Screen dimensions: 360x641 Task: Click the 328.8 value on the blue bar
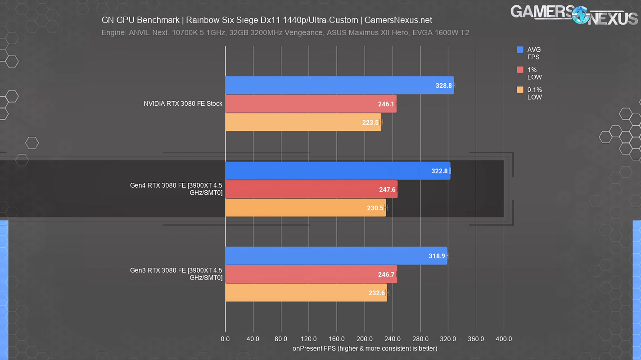(x=443, y=85)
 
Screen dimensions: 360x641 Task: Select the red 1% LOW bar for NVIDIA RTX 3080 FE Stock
(x=311, y=104)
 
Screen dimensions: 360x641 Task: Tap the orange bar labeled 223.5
(x=303, y=122)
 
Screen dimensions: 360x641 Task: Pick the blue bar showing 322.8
(x=338, y=171)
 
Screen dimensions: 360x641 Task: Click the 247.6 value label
(x=387, y=189)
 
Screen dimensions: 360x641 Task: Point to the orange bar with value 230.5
(x=305, y=208)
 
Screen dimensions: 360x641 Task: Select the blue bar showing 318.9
(x=336, y=256)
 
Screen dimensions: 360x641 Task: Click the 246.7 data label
(x=387, y=274)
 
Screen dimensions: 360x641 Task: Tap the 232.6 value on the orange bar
(x=376, y=293)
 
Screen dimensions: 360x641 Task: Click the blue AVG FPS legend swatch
(x=520, y=50)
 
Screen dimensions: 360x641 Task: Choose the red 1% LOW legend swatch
(x=520, y=70)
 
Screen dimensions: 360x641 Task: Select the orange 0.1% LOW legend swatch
(x=520, y=90)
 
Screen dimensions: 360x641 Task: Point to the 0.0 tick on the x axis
(x=225, y=339)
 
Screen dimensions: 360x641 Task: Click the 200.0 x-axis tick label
(x=364, y=339)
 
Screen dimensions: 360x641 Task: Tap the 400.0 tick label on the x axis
(x=504, y=339)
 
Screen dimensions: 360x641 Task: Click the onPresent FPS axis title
(x=365, y=348)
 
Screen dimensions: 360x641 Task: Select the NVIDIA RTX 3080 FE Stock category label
(x=183, y=103)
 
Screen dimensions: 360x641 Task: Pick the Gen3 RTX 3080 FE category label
(x=176, y=274)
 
